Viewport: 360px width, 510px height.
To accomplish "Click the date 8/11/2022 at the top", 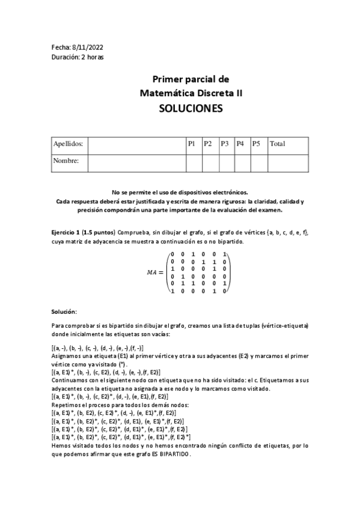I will coord(87,48).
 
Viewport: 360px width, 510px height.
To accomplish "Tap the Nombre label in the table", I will coord(66,161).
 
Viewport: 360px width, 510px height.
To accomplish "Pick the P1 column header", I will coord(192,144).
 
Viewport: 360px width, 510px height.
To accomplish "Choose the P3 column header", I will coord(224,144).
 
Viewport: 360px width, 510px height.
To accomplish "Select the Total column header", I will coord(278,144).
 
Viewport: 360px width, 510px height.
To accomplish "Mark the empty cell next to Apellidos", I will coord(138,144).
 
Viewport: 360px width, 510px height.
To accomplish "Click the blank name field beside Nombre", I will coord(138,161).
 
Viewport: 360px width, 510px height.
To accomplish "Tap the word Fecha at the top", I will coord(61,48).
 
